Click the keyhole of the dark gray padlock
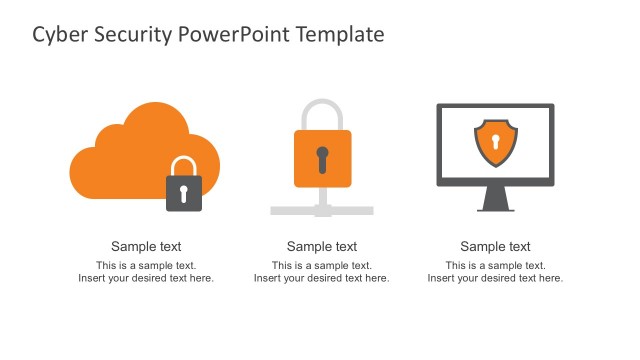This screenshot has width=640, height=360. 183,192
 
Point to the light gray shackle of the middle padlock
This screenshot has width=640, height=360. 322,108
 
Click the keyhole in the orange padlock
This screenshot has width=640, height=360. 322,158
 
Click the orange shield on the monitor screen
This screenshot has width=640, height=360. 495,144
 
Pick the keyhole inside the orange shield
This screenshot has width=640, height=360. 495,141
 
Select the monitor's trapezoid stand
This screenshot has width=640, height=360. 496,199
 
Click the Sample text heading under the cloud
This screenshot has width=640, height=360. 146,247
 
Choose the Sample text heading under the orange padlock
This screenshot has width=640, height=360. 322,247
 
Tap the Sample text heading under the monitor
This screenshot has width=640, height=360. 496,247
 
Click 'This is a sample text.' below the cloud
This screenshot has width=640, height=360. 146,265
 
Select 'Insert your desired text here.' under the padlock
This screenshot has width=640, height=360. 322,278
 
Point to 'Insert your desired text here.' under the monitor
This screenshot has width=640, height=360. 496,278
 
